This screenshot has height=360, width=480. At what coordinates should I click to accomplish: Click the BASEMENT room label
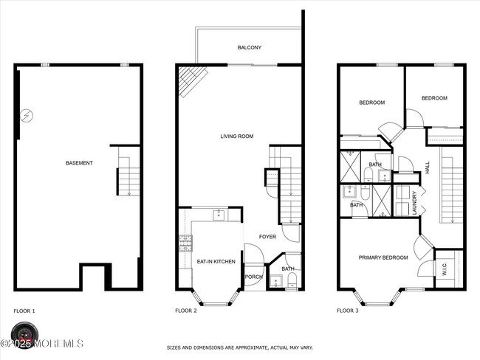(79, 162)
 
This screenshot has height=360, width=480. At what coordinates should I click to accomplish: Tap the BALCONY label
(249, 48)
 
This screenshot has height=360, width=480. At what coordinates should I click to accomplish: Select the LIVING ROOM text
(237, 136)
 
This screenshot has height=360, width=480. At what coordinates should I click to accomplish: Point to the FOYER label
(267, 236)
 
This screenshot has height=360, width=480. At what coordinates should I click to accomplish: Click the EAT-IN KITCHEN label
(216, 262)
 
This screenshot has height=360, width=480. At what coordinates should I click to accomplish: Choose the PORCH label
(253, 277)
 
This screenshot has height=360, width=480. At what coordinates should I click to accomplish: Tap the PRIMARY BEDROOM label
(383, 257)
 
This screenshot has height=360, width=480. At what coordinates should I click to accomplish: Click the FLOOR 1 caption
(24, 311)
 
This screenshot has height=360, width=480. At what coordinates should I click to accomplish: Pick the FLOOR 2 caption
(185, 311)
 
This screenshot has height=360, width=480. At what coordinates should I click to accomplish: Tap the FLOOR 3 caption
(348, 311)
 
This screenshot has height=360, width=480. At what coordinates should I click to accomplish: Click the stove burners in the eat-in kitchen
(184, 242)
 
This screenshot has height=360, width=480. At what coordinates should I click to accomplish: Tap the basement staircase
(125, 181)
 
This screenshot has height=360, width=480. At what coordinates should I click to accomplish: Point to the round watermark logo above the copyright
(22, 330)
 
